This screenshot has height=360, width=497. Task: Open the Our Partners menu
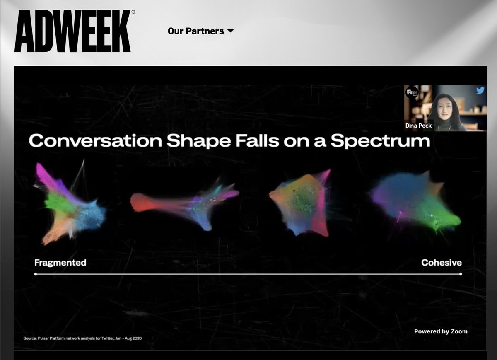195,31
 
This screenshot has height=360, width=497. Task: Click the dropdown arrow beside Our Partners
231,31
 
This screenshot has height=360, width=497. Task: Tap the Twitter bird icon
480,91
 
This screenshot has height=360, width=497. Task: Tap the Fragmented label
60,263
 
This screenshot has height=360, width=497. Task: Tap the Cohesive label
441,263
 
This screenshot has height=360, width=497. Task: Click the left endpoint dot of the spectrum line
36,274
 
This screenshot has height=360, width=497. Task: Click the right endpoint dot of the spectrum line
460,274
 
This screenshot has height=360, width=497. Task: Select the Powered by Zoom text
441,331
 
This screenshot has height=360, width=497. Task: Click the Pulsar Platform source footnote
82,338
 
